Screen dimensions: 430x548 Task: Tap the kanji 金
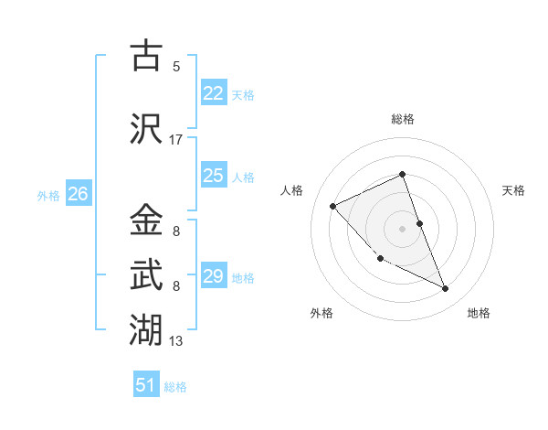click(145, 220)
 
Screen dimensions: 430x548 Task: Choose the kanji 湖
click(145, 327)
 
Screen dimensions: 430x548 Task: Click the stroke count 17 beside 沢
click(176, 140)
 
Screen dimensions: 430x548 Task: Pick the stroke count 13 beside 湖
click(176, 341)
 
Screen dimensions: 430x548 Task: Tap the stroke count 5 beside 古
click(176, 67)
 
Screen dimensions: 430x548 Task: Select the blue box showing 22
click(214, 92)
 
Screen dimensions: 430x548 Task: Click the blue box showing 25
click(214, 176)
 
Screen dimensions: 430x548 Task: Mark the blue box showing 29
click(214, 276)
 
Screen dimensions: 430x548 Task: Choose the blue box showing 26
click(79, 194)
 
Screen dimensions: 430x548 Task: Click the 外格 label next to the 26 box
click(48, 195)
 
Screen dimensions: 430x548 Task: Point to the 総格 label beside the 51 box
click(175, 387)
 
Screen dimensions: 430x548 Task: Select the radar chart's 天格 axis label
click(513, 190)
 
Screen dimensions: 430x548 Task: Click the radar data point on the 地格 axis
click(446, 289)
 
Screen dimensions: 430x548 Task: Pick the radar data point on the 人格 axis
click(333, 206)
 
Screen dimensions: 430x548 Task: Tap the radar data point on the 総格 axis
click(402, 174)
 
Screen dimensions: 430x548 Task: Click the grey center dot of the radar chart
click(402, 228)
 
